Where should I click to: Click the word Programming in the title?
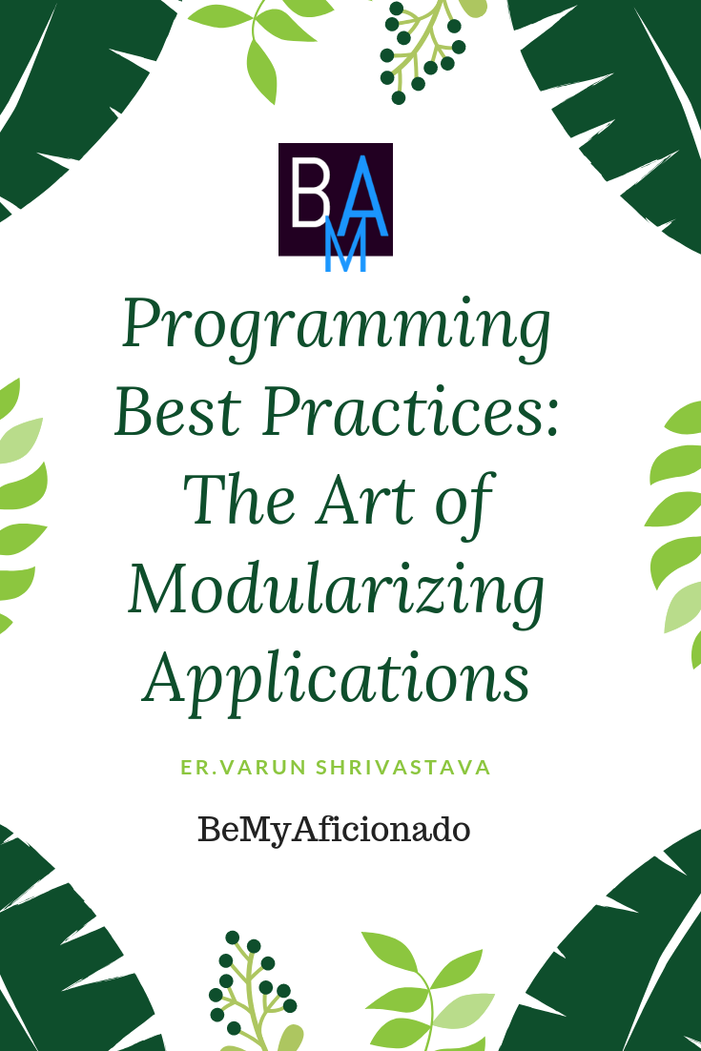tap(337, 328)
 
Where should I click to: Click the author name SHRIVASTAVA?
tap(403, 768)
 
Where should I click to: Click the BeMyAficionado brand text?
tap(334, 831)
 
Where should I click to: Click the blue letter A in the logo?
tap(362, 196)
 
